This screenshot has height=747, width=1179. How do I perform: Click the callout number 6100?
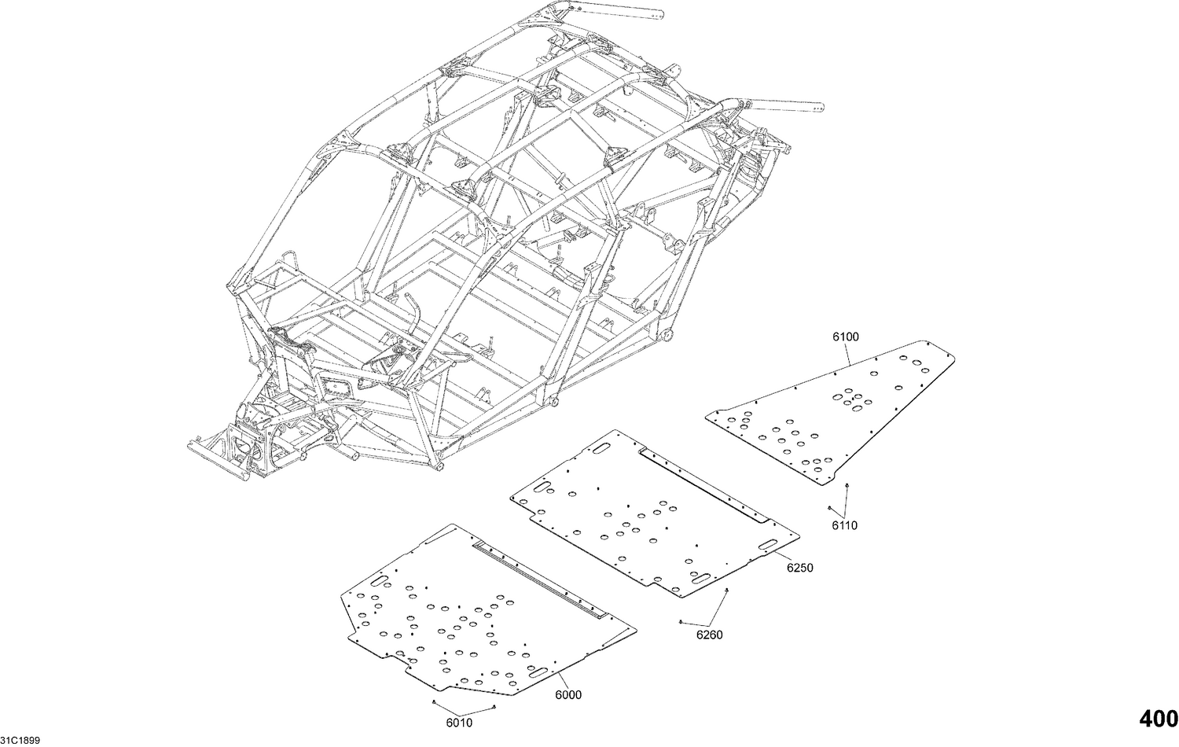pos(846,337)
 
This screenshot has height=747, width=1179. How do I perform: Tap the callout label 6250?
pos(800,567)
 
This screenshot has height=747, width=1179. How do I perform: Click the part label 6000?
pos(568,695)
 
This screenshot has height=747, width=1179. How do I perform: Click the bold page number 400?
pos(1158,719)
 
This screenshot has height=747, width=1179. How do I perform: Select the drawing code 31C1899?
pos(20,740)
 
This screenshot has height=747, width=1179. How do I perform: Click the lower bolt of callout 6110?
pos(830,508)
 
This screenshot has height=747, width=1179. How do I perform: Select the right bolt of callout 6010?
pos(491,708)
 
